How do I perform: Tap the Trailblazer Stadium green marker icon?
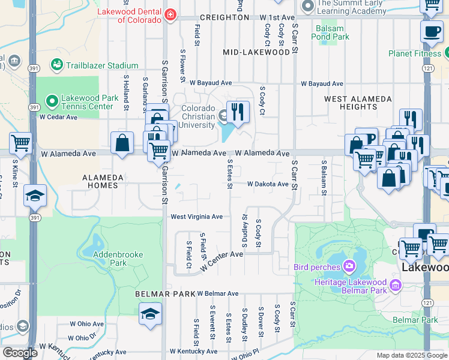(x=58, y=64)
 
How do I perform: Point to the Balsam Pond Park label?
(x=330, y=32)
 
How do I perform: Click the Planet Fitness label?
(x=415, y=53)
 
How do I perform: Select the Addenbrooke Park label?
(x=118, y=259)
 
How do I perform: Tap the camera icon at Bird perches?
(x=348, y=266)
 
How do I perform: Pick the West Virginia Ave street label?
(x=197, y=217)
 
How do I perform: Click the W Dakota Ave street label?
(x=268, y=184)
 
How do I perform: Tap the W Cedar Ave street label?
(x=59, y=117)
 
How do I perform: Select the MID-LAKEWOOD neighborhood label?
(x=256, y=52)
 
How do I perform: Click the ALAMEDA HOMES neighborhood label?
(x=103, y=181)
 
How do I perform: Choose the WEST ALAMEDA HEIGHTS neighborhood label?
(x=351, y=102)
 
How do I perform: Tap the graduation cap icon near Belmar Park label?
(x=150, y=314)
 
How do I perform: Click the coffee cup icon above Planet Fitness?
(x=432, y=32)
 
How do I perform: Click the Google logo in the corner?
(x=20, y=353)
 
